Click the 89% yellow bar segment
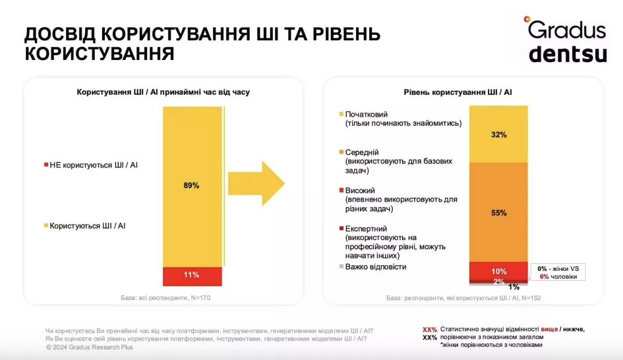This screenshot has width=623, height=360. pos(192,186)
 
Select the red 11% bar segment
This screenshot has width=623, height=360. pos(192,275)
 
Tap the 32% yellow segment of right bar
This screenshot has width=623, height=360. pos(498,135)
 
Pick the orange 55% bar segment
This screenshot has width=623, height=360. pos(498,212)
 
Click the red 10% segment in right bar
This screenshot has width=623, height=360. pos(498,271)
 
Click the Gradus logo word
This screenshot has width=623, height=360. pos(566,30)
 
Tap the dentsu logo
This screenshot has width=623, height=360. pos(567,53)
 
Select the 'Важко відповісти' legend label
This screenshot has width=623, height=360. pos(373,266)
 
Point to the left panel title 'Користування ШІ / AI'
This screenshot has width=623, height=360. pos(163,93)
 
